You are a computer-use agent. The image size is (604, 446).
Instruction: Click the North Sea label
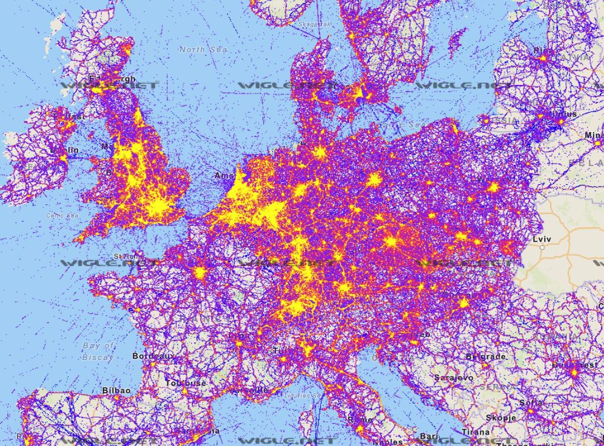203,49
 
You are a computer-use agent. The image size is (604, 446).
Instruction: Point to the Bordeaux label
152,356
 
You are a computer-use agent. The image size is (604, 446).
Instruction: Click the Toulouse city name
187,383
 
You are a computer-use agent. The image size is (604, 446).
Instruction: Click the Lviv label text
543,239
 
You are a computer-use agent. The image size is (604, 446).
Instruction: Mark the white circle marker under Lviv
543,247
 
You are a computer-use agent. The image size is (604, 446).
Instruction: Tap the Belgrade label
485,357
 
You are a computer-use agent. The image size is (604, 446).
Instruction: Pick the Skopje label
501,418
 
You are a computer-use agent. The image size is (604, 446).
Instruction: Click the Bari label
430,436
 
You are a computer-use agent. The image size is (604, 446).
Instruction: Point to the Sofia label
530,402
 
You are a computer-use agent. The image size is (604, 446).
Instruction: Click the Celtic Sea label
62,215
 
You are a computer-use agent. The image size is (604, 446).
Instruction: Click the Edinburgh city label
112,79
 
